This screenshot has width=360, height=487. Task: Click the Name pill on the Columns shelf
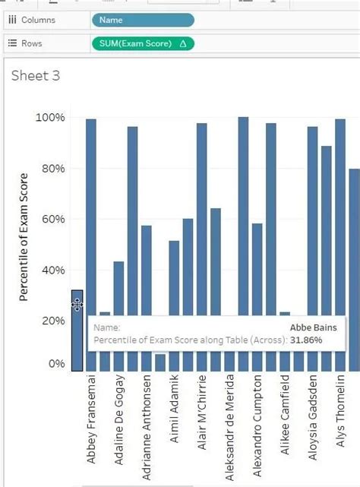pos(142,20)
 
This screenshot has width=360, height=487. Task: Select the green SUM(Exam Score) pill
pos(142,43)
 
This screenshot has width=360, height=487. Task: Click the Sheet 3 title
pos(36,75)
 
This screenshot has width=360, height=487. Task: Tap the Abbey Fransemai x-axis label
pos(92,418)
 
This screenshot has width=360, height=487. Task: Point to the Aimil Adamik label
pos(174,414)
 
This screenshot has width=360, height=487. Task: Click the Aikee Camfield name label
pos(285,414)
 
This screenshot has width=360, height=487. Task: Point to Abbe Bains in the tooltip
pos(312,327)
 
